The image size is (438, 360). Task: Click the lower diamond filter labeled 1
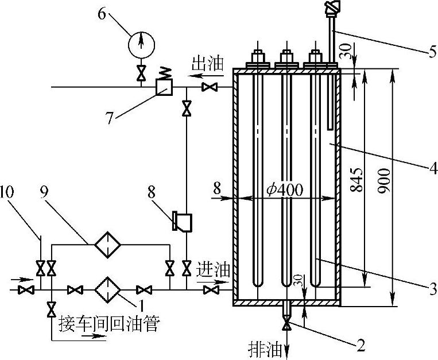(108, 291)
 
